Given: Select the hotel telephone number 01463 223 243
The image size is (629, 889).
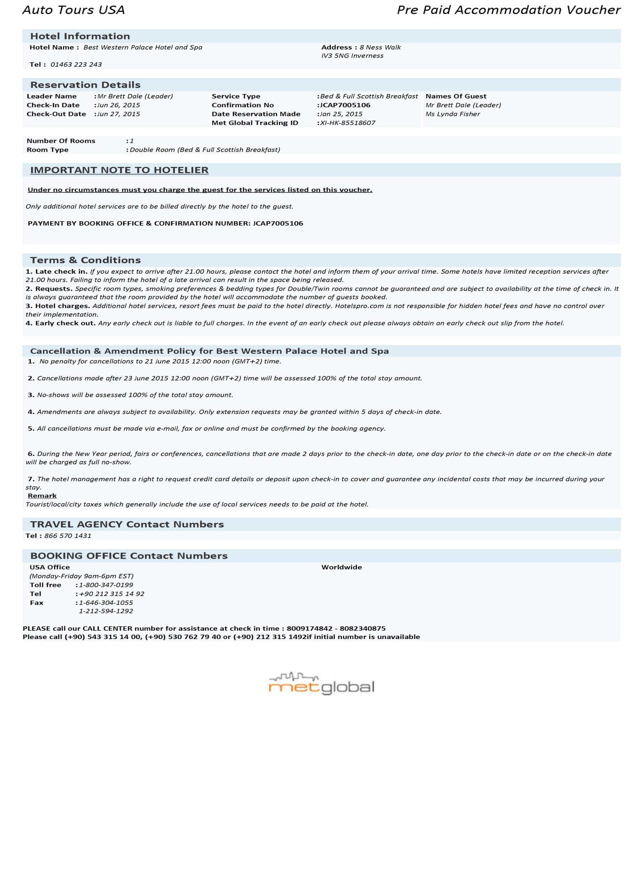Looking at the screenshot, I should coord(76,65).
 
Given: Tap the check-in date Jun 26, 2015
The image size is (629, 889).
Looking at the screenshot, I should coord(119,105).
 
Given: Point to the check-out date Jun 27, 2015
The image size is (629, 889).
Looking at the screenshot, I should coord(119,114).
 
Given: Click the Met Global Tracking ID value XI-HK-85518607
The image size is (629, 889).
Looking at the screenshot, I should coord(348,123).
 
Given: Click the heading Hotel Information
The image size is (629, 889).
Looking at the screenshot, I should coord(80,36).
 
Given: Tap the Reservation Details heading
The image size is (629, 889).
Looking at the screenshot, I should coord(85,85).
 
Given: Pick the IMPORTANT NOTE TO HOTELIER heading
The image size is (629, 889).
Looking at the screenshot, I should coord(119,171).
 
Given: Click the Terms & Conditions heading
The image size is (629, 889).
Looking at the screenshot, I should coord(85,260).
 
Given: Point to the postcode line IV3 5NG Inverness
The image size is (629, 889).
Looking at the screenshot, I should coord(352,56).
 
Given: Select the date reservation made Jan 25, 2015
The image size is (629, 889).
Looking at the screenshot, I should coord(341,114).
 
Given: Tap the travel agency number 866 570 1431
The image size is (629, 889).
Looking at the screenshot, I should coord(68,536).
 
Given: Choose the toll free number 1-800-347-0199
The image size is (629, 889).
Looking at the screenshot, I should coord(106,585).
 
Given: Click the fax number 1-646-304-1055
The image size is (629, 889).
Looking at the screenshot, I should coord(106,603).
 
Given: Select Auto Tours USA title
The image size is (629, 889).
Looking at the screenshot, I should coord(74,10).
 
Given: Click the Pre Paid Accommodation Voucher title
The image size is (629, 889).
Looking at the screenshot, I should coord(508,10).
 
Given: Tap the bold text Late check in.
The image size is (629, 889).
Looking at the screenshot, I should coord(61,272).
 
